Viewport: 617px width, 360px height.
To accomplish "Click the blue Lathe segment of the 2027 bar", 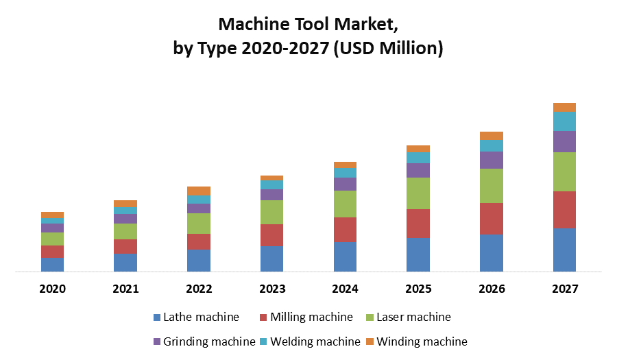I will click(564, 250).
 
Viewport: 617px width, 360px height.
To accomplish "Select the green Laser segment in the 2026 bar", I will click(491, 185).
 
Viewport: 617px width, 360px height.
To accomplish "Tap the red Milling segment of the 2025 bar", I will click(418, 224).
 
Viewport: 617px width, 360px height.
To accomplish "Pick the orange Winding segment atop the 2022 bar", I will click(199, 191).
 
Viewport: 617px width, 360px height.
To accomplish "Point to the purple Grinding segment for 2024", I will click(345, 184).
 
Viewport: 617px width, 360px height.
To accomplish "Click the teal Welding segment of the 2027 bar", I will click(564, 121).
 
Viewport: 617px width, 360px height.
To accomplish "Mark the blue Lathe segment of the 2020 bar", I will click(52, 264).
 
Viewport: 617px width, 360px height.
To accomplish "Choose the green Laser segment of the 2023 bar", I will click(271, 212).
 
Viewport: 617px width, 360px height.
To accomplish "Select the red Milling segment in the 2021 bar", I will click(125, 246).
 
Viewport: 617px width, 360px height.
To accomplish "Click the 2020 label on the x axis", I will click(52, 289).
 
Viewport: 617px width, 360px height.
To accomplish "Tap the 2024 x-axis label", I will click(345, 289).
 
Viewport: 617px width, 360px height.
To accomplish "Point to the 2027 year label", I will click(564, 289).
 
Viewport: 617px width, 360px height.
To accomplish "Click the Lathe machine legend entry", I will click(196, 317).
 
